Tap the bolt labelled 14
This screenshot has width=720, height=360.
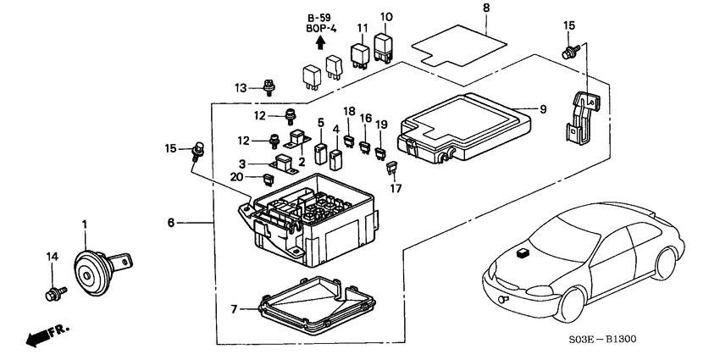53,294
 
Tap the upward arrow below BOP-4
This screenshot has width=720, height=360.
319,40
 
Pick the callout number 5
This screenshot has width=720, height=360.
321,122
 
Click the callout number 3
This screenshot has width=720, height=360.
243,163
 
